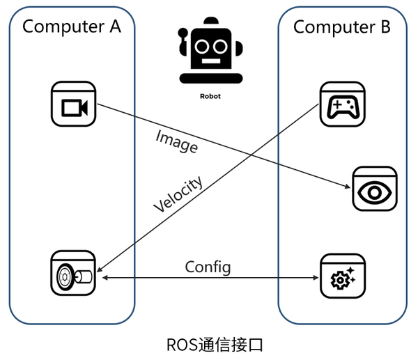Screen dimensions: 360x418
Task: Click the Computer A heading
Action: [72, 27]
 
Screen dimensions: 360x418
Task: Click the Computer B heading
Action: [341, 27]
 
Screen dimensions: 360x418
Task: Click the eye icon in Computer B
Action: [374, 189]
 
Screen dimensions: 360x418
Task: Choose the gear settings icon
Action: [341, 277]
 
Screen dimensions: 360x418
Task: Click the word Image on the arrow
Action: [176, 141]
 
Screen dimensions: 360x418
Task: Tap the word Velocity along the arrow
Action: [178, 194]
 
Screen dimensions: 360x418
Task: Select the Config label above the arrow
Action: [208, 267]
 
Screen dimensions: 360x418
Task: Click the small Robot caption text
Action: [209, 97]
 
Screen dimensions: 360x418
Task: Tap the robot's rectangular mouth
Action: [209, 61]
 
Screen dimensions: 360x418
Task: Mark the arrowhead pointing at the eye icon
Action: [348, 186]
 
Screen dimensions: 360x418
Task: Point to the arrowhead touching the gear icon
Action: [316, 277]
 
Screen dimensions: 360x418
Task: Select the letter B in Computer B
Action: [383, 27]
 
